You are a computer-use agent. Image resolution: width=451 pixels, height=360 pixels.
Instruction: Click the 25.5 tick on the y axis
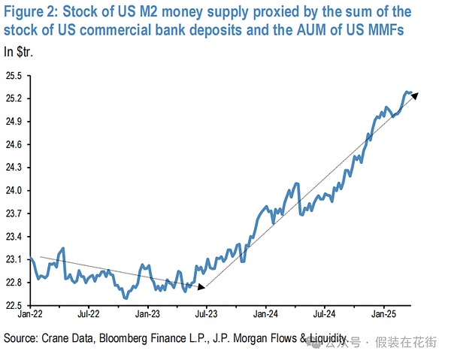(x=14, y=76)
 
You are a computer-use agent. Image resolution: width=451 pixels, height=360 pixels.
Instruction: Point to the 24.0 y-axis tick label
(x=14, y=191)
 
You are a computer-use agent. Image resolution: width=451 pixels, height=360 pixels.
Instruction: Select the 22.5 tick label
(x=14, y=305)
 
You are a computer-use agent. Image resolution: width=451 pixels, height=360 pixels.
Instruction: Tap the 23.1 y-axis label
(x=14, y=259)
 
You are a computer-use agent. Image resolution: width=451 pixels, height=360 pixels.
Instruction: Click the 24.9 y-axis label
(x=14, y=122)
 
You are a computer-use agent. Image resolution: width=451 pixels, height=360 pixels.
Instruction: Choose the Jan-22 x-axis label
(x=30, y=314)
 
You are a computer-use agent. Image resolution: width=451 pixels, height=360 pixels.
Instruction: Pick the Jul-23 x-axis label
(x=207, y=314)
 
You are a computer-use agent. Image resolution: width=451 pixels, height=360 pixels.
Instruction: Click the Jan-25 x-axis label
(x=386, y=314)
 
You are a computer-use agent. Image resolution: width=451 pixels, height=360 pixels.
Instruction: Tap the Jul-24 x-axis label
(x=327, y=314)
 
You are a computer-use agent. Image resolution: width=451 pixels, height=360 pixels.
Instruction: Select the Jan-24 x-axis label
(x=268, y=314)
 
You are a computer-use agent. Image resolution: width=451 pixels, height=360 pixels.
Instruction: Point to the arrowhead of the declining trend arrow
(x=201, y=286)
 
